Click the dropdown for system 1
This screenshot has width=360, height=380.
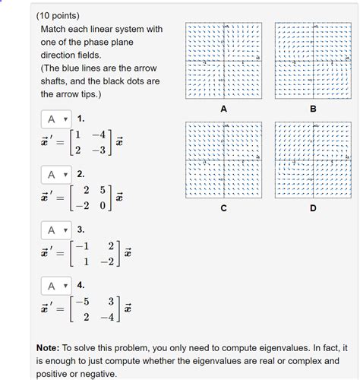55,119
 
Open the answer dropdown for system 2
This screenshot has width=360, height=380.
55,175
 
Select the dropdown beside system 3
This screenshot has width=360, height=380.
55,230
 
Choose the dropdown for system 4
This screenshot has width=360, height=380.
55,286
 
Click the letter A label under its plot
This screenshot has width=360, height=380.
223,109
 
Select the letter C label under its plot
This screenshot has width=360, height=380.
223,207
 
